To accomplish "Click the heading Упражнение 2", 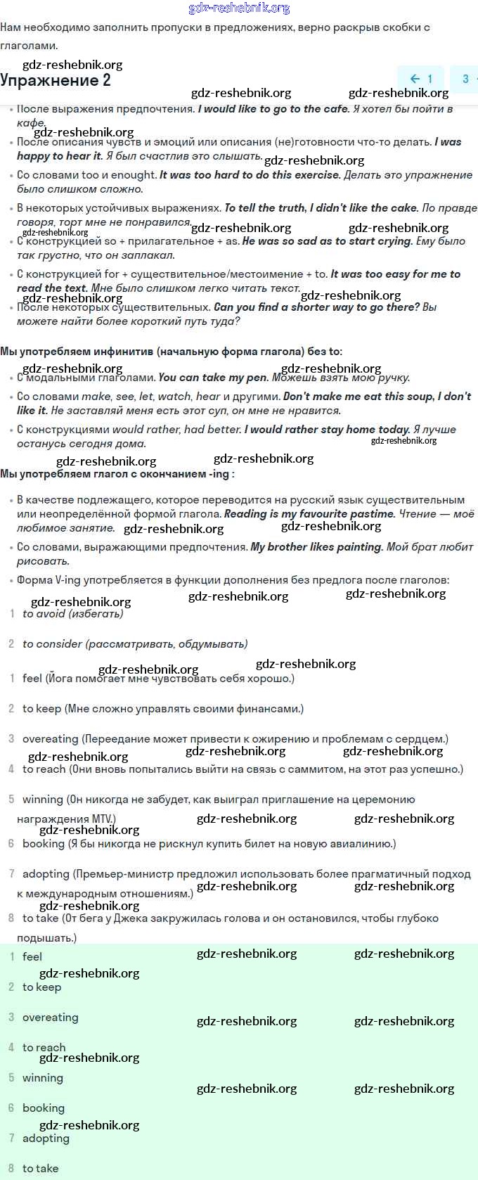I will [x=56, y=80].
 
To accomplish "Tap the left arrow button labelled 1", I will [x=421, y=79].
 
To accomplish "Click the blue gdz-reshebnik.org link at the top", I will [x=239, y=8].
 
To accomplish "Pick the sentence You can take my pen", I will [x=213, y=378].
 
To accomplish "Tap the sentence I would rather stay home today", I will [x=327, y=430].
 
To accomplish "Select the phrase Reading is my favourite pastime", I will [x=309, y=514].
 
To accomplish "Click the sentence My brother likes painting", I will [x=316, y=547].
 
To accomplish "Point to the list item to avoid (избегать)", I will [x=73, y=614].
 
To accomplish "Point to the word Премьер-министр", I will [x=124, y=874].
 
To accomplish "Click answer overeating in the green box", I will [x=50, y=1018].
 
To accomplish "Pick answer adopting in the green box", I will [x=46, y=1139].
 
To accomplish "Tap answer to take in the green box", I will [x=40, y=1169].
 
